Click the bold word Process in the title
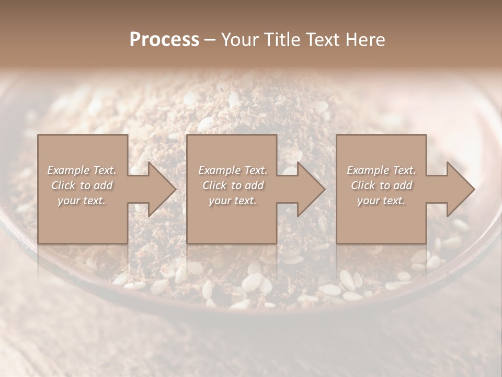click(164, 40)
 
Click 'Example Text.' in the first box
click(82, 170)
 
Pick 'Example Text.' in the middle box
click(233, 170)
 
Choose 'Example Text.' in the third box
click(381, 170)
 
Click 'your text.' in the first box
click(82, 201)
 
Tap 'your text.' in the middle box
click(233, 201)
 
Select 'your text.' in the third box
click(381, 201)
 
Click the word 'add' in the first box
click(103, 185)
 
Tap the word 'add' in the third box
click(403, 185)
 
